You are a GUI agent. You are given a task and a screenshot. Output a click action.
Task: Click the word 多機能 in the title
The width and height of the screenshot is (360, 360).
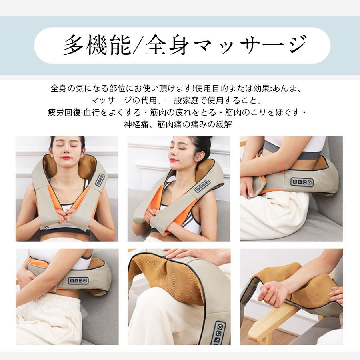click(97, 45)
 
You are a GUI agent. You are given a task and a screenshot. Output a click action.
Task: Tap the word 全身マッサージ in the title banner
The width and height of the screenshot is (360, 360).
click(226, 45)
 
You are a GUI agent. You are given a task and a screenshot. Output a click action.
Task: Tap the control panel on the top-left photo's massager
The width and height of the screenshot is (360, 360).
click(100, 180)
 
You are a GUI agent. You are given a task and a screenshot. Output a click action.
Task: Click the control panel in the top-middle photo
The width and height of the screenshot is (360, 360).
click(202, 186)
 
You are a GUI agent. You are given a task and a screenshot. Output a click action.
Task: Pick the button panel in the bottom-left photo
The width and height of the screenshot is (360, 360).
click(78, 280)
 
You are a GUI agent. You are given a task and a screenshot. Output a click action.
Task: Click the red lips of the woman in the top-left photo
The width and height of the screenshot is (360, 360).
click(66, 158)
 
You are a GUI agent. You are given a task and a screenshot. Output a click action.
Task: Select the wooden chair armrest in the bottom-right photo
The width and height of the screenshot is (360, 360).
click(273, 322)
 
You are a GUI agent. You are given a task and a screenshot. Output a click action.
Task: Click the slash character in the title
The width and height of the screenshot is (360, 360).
click(138, 45)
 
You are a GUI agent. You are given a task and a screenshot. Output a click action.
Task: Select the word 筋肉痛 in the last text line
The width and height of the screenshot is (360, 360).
click(170, 124)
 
